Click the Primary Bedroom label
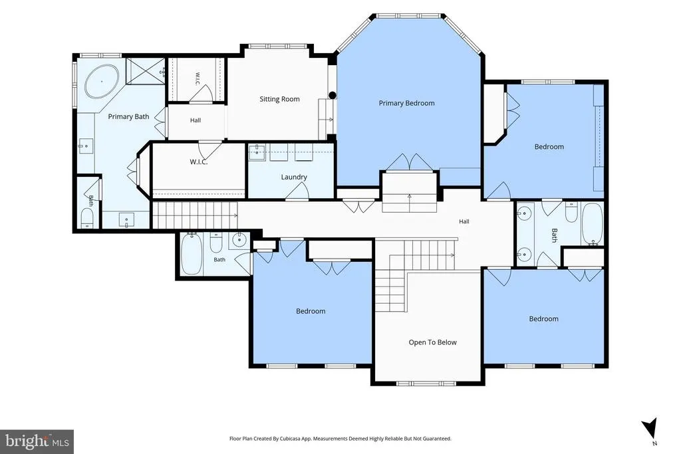(406, 103)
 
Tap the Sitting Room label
(280, 100)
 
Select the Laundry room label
(294, 177)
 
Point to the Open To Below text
(432, 342)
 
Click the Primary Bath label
(128, 117)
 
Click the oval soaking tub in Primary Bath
(102, 81)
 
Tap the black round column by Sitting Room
(333, 95)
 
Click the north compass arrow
(650, 428)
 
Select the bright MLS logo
(37, 442)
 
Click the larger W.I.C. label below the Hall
(198, 162)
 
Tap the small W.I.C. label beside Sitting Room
(198, 78)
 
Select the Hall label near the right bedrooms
(464, 221)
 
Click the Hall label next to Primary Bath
(196, 120)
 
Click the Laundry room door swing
(298, 191)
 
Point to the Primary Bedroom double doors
(410, 162)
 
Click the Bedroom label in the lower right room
(544, 319)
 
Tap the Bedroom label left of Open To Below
(311, 311)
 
